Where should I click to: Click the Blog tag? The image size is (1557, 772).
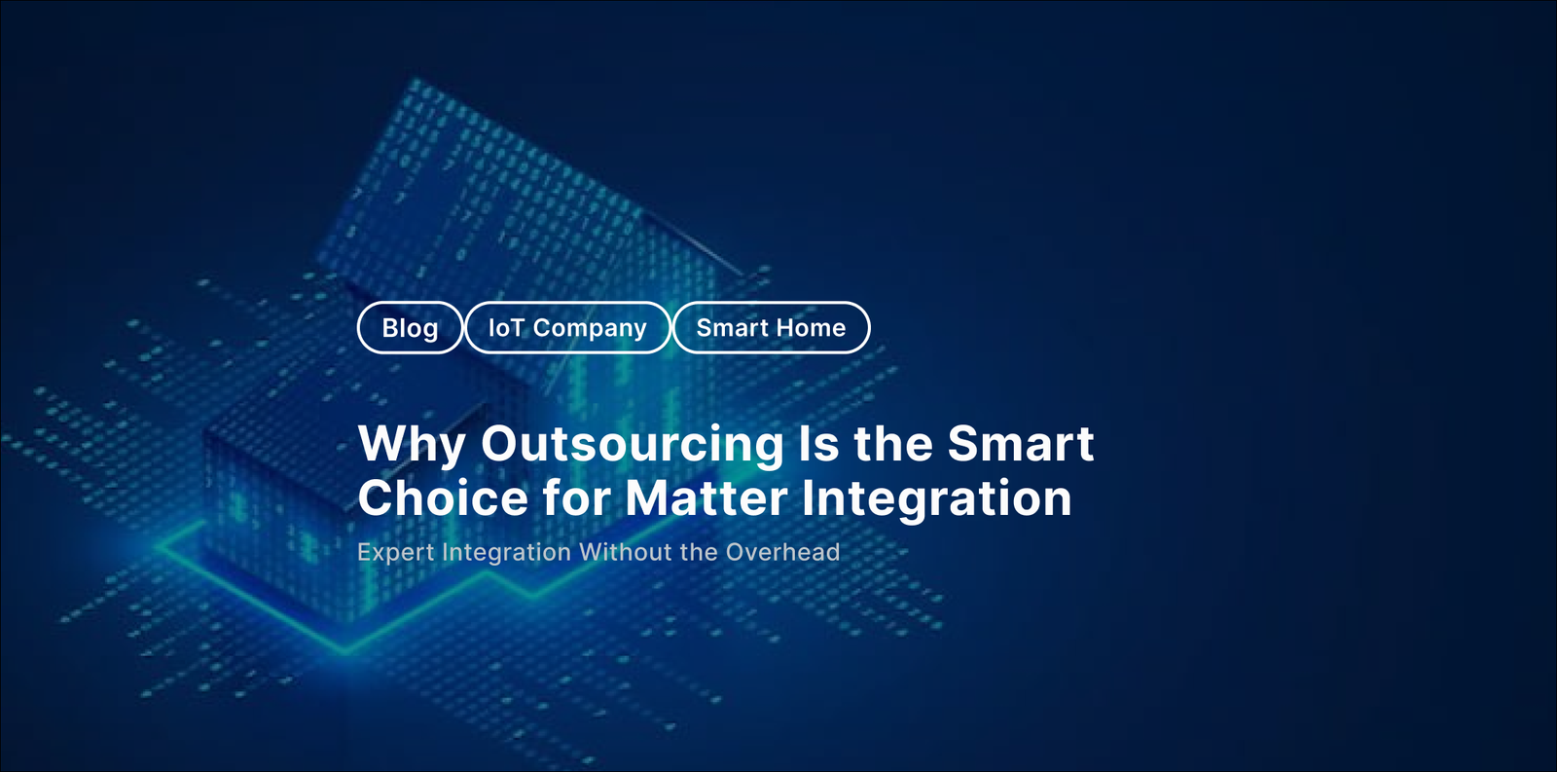click(x=410, y=328)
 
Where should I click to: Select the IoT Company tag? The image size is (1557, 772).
click(x=567, y=328)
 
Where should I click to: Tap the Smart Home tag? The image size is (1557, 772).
click(x=771, y=328)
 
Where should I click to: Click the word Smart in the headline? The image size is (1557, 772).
click(x=1021, y=445)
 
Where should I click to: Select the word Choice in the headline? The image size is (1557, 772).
click(x=443, y=498)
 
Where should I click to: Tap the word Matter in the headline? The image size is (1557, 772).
click(x=706, y=498)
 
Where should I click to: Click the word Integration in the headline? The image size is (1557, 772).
click(x=936, y=498)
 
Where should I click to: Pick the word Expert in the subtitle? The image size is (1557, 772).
click(x=395, y=553)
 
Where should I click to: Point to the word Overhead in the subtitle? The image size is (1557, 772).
click(x=782, y=552)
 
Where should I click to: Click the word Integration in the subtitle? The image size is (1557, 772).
click(x=506, y=553)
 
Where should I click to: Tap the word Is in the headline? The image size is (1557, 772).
click(x=818, y=445)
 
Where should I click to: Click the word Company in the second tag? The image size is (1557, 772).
click(x=590, y=329)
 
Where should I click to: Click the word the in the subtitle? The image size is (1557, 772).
click(x=699, y=552)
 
